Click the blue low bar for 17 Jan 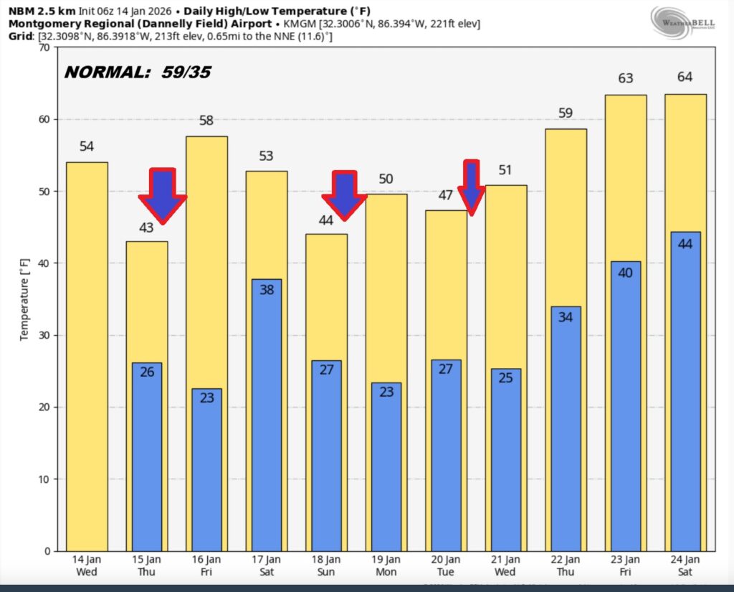coord(266,415)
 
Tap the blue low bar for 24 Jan coord(685,391)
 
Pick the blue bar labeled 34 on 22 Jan coord(566,428)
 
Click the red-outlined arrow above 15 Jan coord(162,196)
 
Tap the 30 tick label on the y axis coord(41,336)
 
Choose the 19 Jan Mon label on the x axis coord(386,565)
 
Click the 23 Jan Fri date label coord(625,565)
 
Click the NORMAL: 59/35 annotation coord(138,72)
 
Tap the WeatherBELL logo coord(682,19)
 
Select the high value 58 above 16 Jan coord(206,121)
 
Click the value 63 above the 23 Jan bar coord(626,78)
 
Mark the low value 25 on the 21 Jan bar coord(506,377)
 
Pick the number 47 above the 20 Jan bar coord(445,195)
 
